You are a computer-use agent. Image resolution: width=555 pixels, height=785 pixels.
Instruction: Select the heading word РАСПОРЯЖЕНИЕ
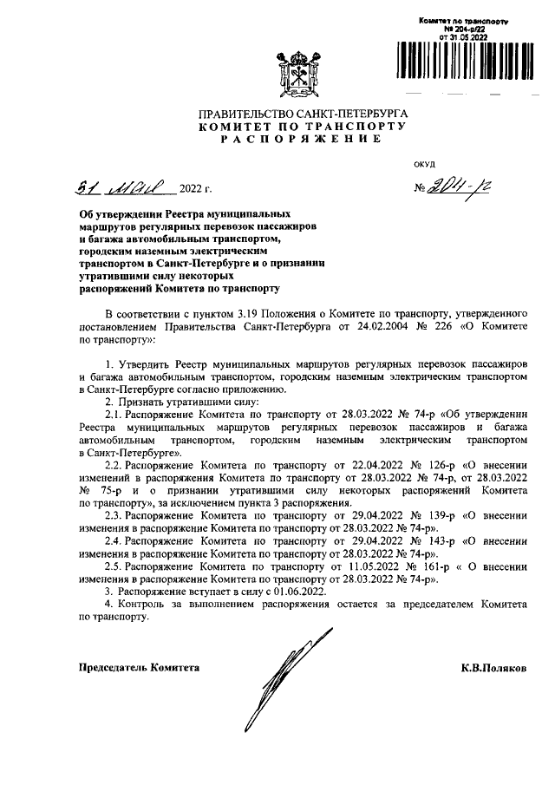(301, 140)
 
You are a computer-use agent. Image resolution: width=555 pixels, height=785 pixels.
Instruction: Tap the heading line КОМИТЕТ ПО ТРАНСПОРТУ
(301, 127)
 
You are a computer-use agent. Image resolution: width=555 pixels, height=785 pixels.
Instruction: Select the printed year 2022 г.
(195, 188)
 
